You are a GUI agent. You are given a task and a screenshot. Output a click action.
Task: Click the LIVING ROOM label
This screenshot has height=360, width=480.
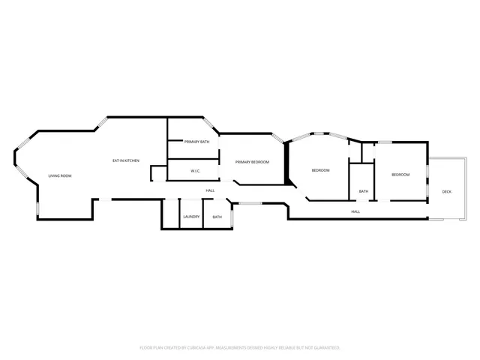[x=60, y=175]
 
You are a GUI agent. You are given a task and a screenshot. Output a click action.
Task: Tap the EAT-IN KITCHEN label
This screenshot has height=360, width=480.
[x=126, y=160]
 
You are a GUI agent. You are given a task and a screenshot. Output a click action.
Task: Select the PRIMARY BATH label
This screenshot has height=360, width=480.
[x=196, y=142]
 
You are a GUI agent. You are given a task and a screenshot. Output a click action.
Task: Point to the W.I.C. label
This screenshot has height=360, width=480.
[x=194, y=171]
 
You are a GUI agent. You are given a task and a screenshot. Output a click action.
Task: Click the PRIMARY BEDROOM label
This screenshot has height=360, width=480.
[x=251, y=162]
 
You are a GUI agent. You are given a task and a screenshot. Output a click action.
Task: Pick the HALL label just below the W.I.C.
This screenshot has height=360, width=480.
[x=210, y=190]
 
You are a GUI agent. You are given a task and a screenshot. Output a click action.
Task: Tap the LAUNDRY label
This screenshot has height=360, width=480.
[x=191, y=217]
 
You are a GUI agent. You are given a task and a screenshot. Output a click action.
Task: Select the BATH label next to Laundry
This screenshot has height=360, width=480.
[x=217, y=217]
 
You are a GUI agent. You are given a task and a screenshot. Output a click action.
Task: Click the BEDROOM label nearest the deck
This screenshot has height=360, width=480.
[x=400, y=175]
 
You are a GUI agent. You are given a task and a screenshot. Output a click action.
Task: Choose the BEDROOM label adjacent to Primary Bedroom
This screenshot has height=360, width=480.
[x=320, y=170]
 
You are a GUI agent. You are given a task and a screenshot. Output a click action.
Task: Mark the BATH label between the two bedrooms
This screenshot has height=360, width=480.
[x=363, y=191]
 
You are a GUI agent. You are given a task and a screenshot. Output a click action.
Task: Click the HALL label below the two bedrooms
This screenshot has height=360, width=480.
[x=355, y=211]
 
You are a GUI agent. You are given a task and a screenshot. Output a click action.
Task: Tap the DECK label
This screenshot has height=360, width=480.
[x=446, y=191]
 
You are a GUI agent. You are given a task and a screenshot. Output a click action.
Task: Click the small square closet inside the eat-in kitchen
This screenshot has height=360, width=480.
[x=158, y=173]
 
